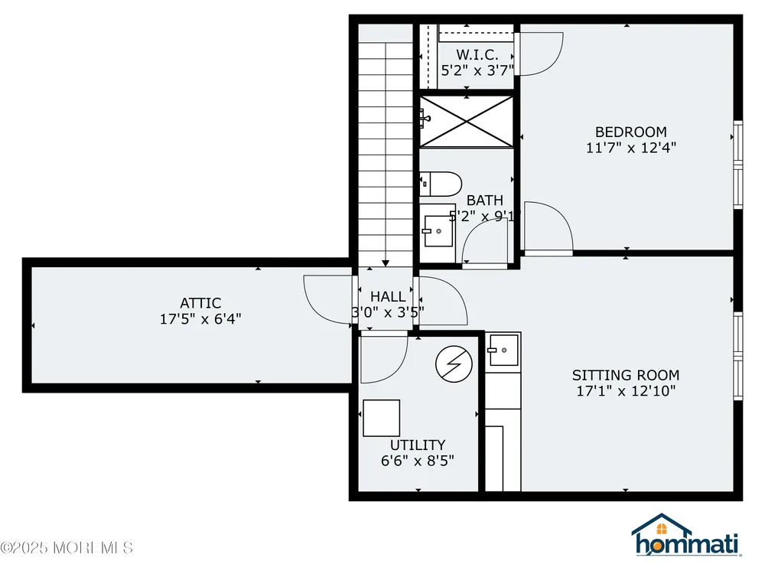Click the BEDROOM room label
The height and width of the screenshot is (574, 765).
click(631, 132)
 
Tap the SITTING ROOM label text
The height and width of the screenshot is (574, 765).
click(626, 375)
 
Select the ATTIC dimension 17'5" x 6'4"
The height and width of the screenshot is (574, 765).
click(200, 319)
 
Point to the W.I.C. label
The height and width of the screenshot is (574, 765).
click(477, 54)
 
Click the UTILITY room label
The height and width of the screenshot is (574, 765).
click(418, 445)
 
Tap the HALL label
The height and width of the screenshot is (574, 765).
click(388, 297)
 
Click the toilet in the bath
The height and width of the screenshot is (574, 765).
click(441, 184)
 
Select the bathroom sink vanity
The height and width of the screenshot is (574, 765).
click(438, 230)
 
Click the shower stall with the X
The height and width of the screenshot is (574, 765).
click(467, 122)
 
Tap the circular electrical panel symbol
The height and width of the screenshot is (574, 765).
click(454, 364)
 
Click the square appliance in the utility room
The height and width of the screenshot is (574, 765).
click(382, 419)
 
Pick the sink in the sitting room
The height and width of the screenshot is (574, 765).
click(503, 350)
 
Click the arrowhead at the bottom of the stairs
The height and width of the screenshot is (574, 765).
click(386, 263)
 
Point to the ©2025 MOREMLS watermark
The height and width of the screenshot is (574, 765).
click(67, 548)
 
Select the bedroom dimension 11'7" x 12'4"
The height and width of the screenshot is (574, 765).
click(631, 148)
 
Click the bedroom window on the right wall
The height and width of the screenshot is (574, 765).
click(738, 165)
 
